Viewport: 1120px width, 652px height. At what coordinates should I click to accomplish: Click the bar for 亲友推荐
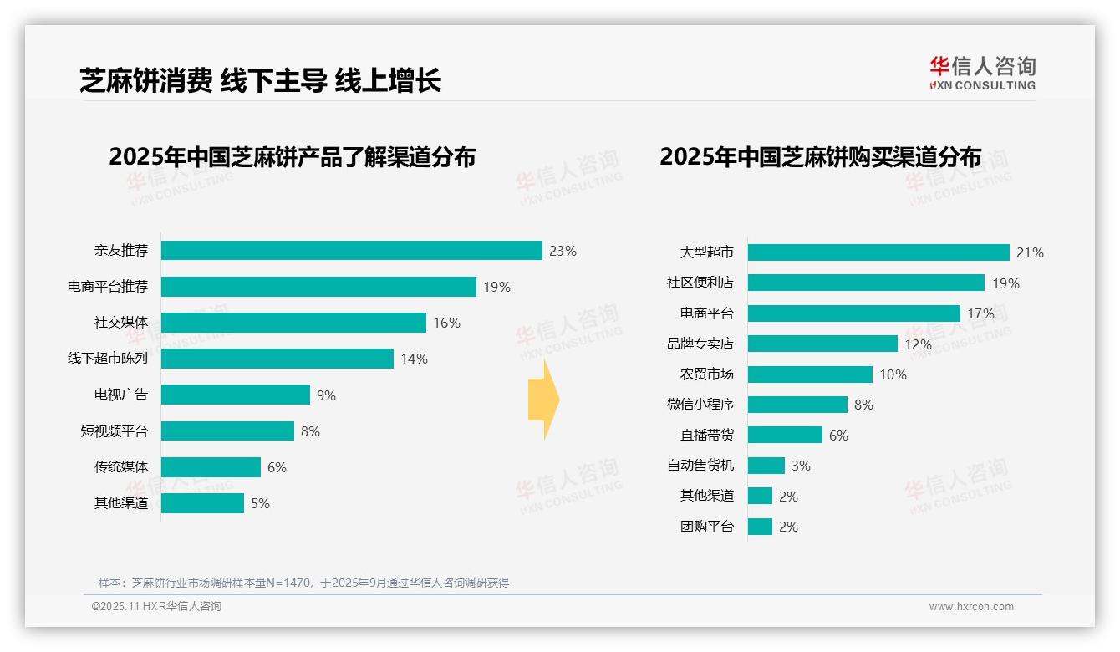pos(351,251)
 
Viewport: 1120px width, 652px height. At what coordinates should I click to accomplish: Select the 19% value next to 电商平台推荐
pos(496,287)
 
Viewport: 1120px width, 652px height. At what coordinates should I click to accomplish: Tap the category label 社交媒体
pos(120,323)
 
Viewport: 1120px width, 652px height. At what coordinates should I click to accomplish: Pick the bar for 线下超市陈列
pos(277,359)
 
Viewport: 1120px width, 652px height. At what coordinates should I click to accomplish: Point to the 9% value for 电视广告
pos(326,395)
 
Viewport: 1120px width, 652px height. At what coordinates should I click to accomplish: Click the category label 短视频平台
pos(114,431)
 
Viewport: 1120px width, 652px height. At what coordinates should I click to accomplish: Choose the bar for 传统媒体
pos(211,467)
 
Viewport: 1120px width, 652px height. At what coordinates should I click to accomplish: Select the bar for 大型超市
pos(878,252)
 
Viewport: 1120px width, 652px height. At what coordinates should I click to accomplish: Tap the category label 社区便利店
pos(700,283)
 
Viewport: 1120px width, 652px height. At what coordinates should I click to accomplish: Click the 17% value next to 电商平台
pos(980,313)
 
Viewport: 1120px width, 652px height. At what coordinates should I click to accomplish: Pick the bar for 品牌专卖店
pos(822,344)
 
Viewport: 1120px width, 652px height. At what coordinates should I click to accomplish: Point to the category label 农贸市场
pos(706,374)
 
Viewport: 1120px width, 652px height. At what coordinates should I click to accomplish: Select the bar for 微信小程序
pos(797,405)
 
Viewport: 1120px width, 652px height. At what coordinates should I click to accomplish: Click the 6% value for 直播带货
pos(838,436)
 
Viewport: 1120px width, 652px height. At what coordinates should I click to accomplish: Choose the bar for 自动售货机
pos(766,466)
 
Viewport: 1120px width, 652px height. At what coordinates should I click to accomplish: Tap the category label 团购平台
pos(706,527)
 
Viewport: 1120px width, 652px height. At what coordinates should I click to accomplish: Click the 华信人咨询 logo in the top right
pos(982,73)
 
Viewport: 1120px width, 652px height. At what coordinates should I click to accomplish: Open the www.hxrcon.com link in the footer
pos(971,607)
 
